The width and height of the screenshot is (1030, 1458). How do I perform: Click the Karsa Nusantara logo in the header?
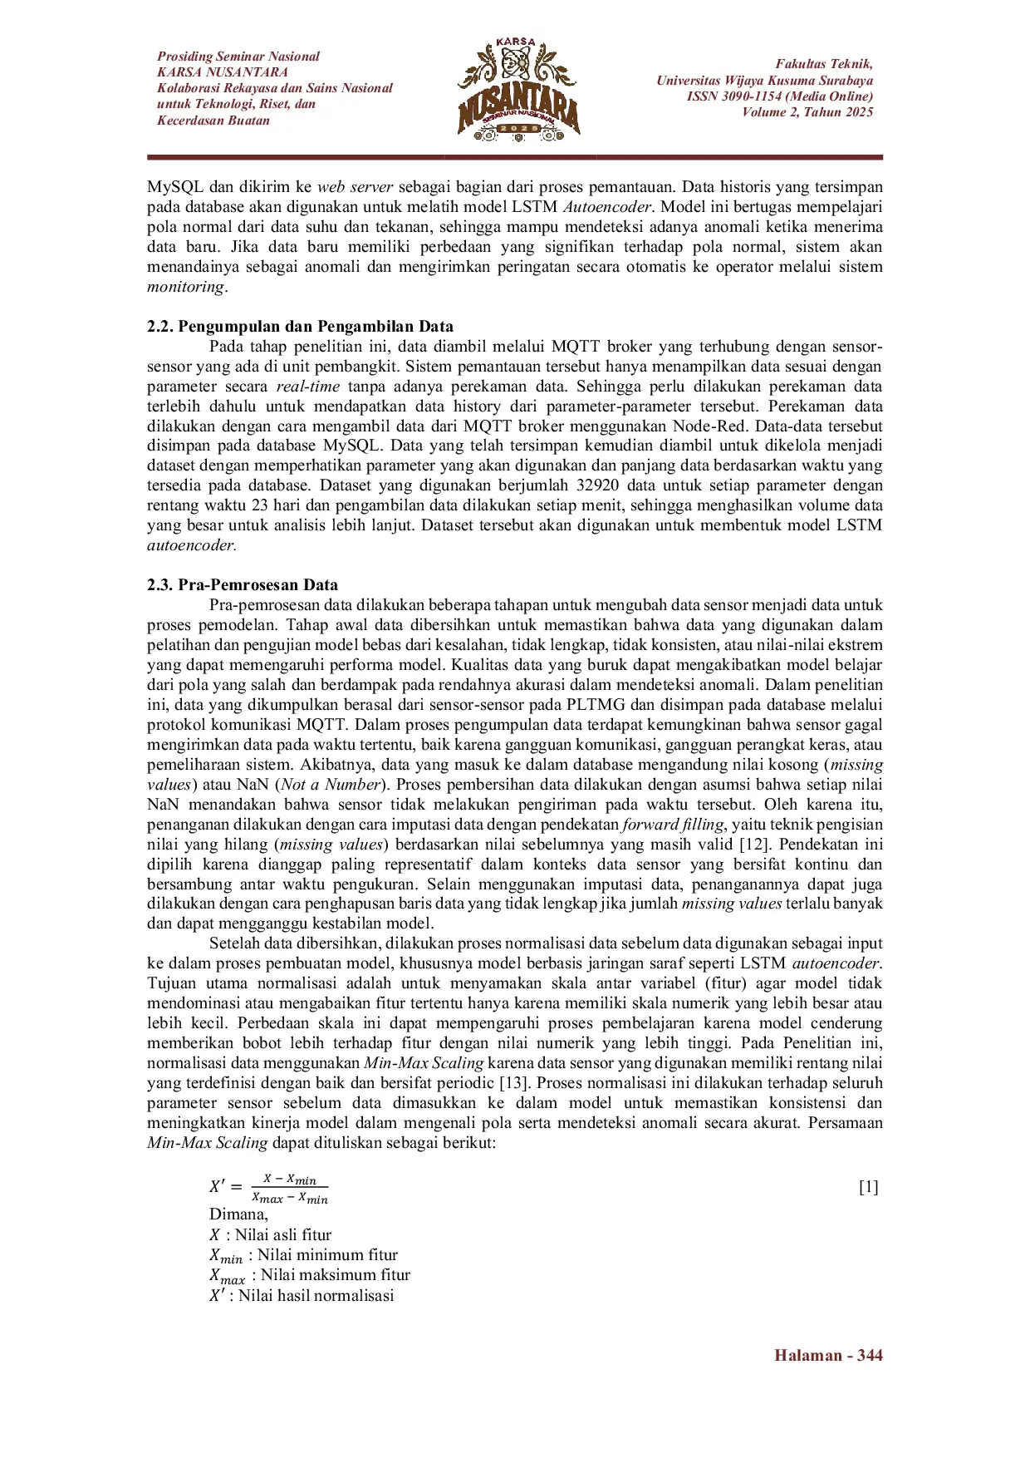[x=518, y=90]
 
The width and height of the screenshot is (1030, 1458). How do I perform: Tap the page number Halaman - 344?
[x=827, y=1356]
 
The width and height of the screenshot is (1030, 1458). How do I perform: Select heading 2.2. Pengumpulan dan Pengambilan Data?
[x=300, y=326]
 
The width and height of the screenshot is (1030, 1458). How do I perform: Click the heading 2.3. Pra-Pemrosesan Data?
[x=243, y=584]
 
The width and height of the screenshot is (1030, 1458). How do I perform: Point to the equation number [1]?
[x=868, y=1186]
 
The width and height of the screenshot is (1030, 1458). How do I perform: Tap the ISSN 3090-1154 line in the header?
[x=779, y=96]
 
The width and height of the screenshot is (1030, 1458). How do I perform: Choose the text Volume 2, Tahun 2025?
[x=807, y=112]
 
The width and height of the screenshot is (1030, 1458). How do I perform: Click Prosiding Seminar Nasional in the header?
[x=238, y=57]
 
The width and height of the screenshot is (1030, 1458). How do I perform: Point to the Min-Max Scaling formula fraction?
[x=290, y=1189]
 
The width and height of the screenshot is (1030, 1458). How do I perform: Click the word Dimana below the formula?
[x=238, y=1214]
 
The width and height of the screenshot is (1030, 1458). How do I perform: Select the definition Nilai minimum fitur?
[x=326, y=1255]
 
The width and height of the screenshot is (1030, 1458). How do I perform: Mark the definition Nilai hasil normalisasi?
[x=316, y=1295]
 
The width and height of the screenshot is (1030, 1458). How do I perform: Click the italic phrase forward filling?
[x=674, y=825]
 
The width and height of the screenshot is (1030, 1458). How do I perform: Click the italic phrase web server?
[x=355, y=186]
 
